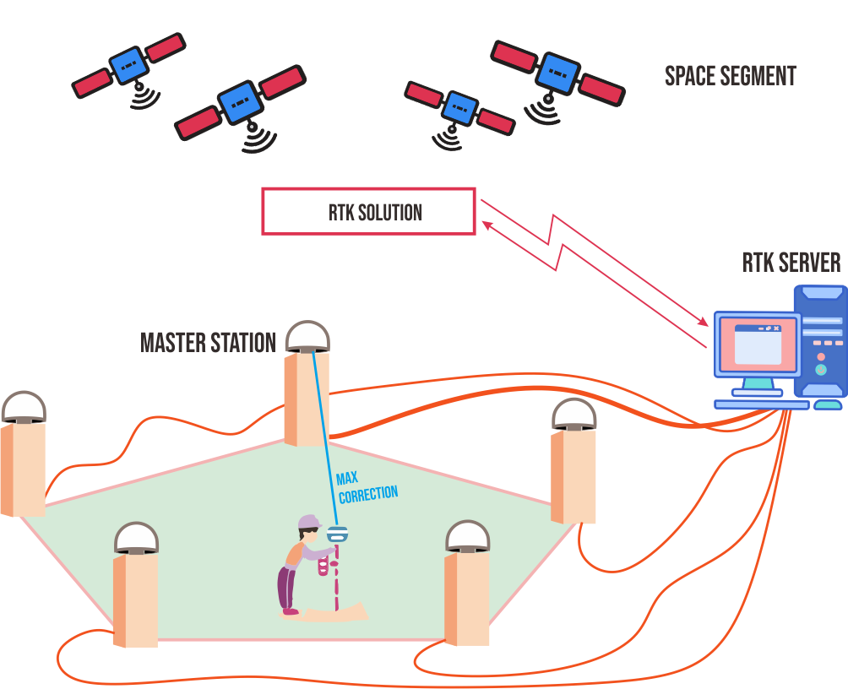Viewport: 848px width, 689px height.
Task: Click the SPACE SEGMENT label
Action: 731,76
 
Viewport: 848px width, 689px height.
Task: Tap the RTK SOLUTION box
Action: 368,211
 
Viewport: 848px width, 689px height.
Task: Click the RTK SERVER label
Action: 791,263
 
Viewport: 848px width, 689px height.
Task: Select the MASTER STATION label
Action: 208,343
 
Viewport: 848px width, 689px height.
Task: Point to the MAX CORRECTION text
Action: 367,487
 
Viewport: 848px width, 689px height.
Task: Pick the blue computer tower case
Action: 820,341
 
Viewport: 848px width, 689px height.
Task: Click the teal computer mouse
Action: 827,405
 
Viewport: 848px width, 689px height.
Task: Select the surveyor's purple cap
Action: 310,522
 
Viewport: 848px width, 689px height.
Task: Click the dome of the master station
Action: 307,335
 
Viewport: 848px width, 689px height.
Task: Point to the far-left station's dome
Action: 23,406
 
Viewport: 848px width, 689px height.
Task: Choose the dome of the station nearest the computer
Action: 574,414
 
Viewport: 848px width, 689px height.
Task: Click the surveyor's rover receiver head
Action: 338,534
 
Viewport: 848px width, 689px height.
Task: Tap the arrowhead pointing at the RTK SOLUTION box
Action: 486,223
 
